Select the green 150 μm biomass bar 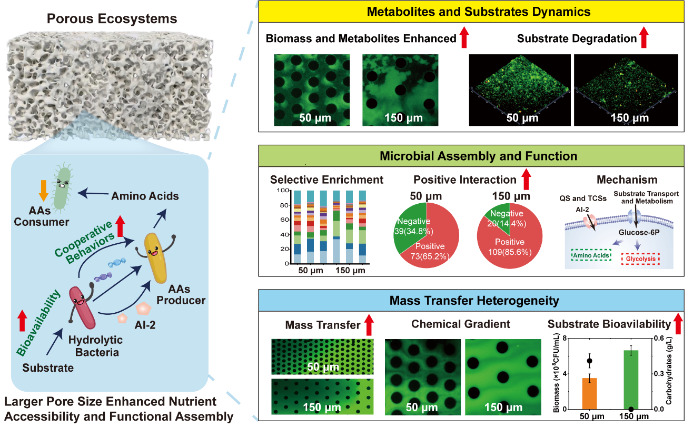[630, 379]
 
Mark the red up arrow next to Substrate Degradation [643, 38]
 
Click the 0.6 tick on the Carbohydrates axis [658, 339]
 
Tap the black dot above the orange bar [590, 361]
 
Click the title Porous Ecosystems [112, 19]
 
